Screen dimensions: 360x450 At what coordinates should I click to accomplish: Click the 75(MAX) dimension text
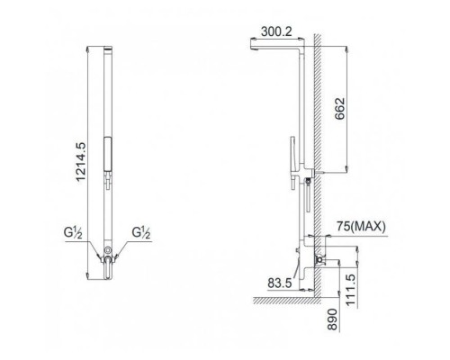360,228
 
